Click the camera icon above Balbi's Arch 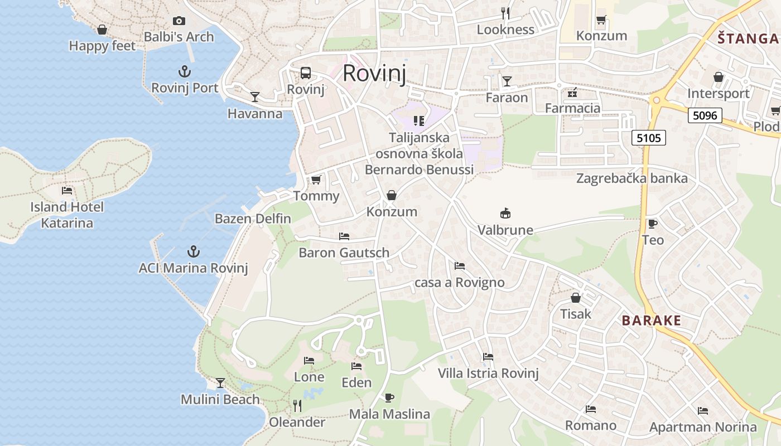[x=179, y=21]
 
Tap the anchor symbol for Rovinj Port [x=185, y=71]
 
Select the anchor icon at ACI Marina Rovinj [x=193, y=251]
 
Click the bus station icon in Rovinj [x=306, y=73]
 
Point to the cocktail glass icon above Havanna [x=255, y=97]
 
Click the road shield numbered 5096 [x=705, y=115]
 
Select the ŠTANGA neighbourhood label [x=748, y=38]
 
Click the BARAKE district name [x=652, y=321]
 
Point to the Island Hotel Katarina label [x=67, y=215]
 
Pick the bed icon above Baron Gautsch [x=344, y=236]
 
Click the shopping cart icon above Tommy [x=316, y=180]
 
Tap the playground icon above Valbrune [x=505, y=213]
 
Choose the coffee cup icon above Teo [x=652, y=224]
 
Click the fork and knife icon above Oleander [x=297, y=405]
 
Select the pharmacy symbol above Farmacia [x=572, y=92]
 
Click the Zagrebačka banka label [x=632, y=178]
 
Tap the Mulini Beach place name [x=220, y=400]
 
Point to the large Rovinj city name [x=374, y=73]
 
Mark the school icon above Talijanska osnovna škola [x=419, y=120]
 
